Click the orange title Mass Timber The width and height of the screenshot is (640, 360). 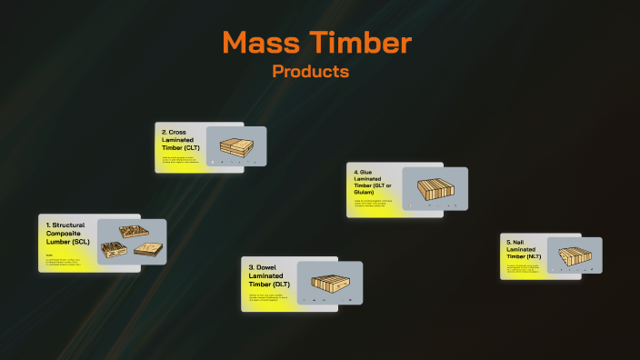coord(316,42)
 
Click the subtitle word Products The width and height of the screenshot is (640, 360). coord(310,71)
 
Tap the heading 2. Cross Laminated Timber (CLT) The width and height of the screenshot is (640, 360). coord(183,140)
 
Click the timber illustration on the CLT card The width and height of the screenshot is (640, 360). coord(236,145)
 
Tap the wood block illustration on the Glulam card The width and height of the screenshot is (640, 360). coord(435,188)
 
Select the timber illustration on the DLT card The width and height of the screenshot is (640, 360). coord(330,283)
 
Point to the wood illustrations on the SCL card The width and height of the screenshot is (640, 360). coord(131,242)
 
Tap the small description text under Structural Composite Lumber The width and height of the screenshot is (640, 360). coord(65,259)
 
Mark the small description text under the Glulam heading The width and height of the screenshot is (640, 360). coord(372,202)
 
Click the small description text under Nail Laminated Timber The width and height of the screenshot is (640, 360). coord(525,267)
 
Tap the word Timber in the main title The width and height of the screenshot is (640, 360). coord(359,42)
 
